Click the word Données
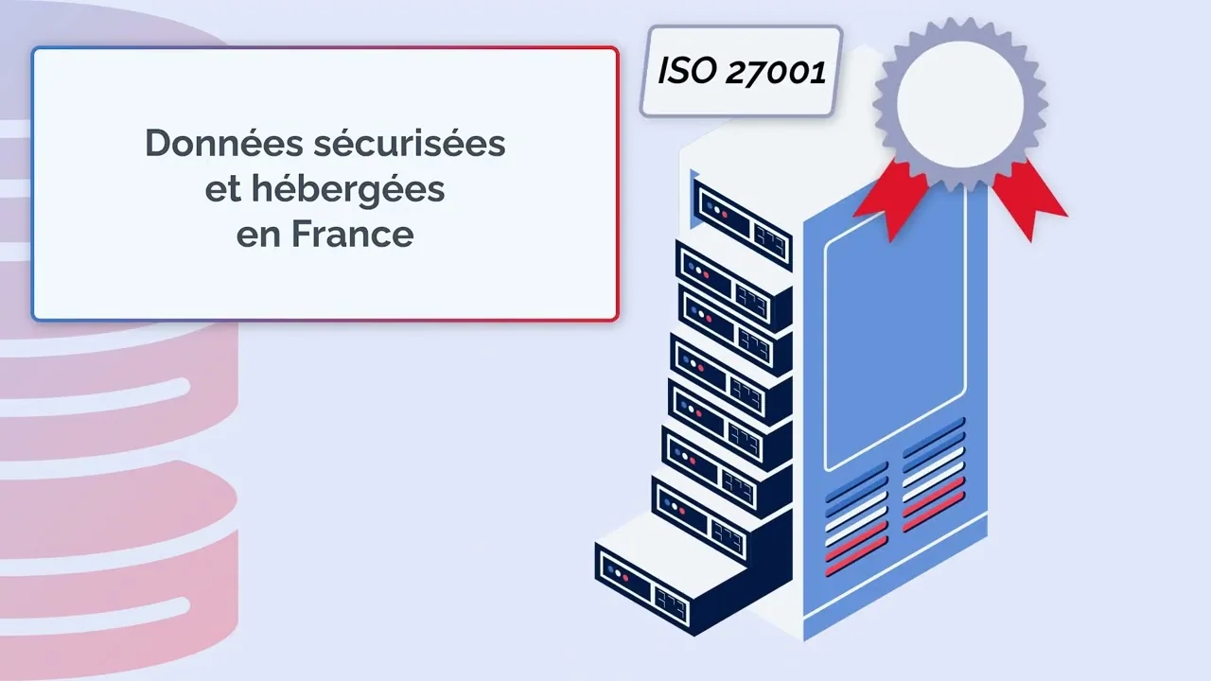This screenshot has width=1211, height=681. pyautogui.click(x=224, y=143)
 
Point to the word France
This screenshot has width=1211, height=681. pyautogui.click(x=353, y=234)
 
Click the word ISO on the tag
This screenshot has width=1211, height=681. pyautogui.click(x=688, y=71)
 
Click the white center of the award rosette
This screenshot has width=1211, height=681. pyautogui.click(x=960, y=104)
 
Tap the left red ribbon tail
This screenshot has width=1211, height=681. pyautogui.click(x=893, y=199)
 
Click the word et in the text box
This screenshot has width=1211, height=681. pyautogui.click(x=222, y=190)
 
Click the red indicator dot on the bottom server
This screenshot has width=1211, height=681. pyautogui.click(x=625, y=578)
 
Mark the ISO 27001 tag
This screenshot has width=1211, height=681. pyautogui.click(x=742, y=71)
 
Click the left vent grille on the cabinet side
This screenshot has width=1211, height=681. pyautogui.click(x=856, y=519)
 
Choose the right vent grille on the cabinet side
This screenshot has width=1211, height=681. pyautogui.click(x=934, y=475)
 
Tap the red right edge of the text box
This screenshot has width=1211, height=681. pyautogui.click(x=618, y=183)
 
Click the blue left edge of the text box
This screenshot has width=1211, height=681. pyautogui.click(x=33, y=183)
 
